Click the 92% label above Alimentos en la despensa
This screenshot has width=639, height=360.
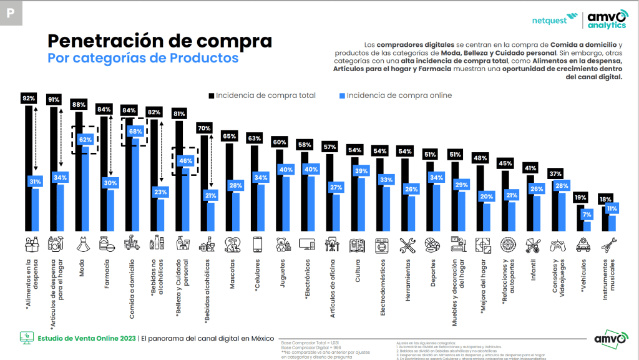coord(29,99)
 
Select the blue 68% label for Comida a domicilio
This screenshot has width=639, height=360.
coord(134,132)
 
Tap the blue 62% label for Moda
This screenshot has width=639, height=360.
coord(85,140)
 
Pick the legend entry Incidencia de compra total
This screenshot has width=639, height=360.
coord(262,95)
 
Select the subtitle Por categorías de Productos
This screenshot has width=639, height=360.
coord(143,59)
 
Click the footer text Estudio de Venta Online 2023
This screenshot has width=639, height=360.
coord(86,338)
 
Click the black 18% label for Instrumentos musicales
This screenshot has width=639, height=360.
coord(603,199)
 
